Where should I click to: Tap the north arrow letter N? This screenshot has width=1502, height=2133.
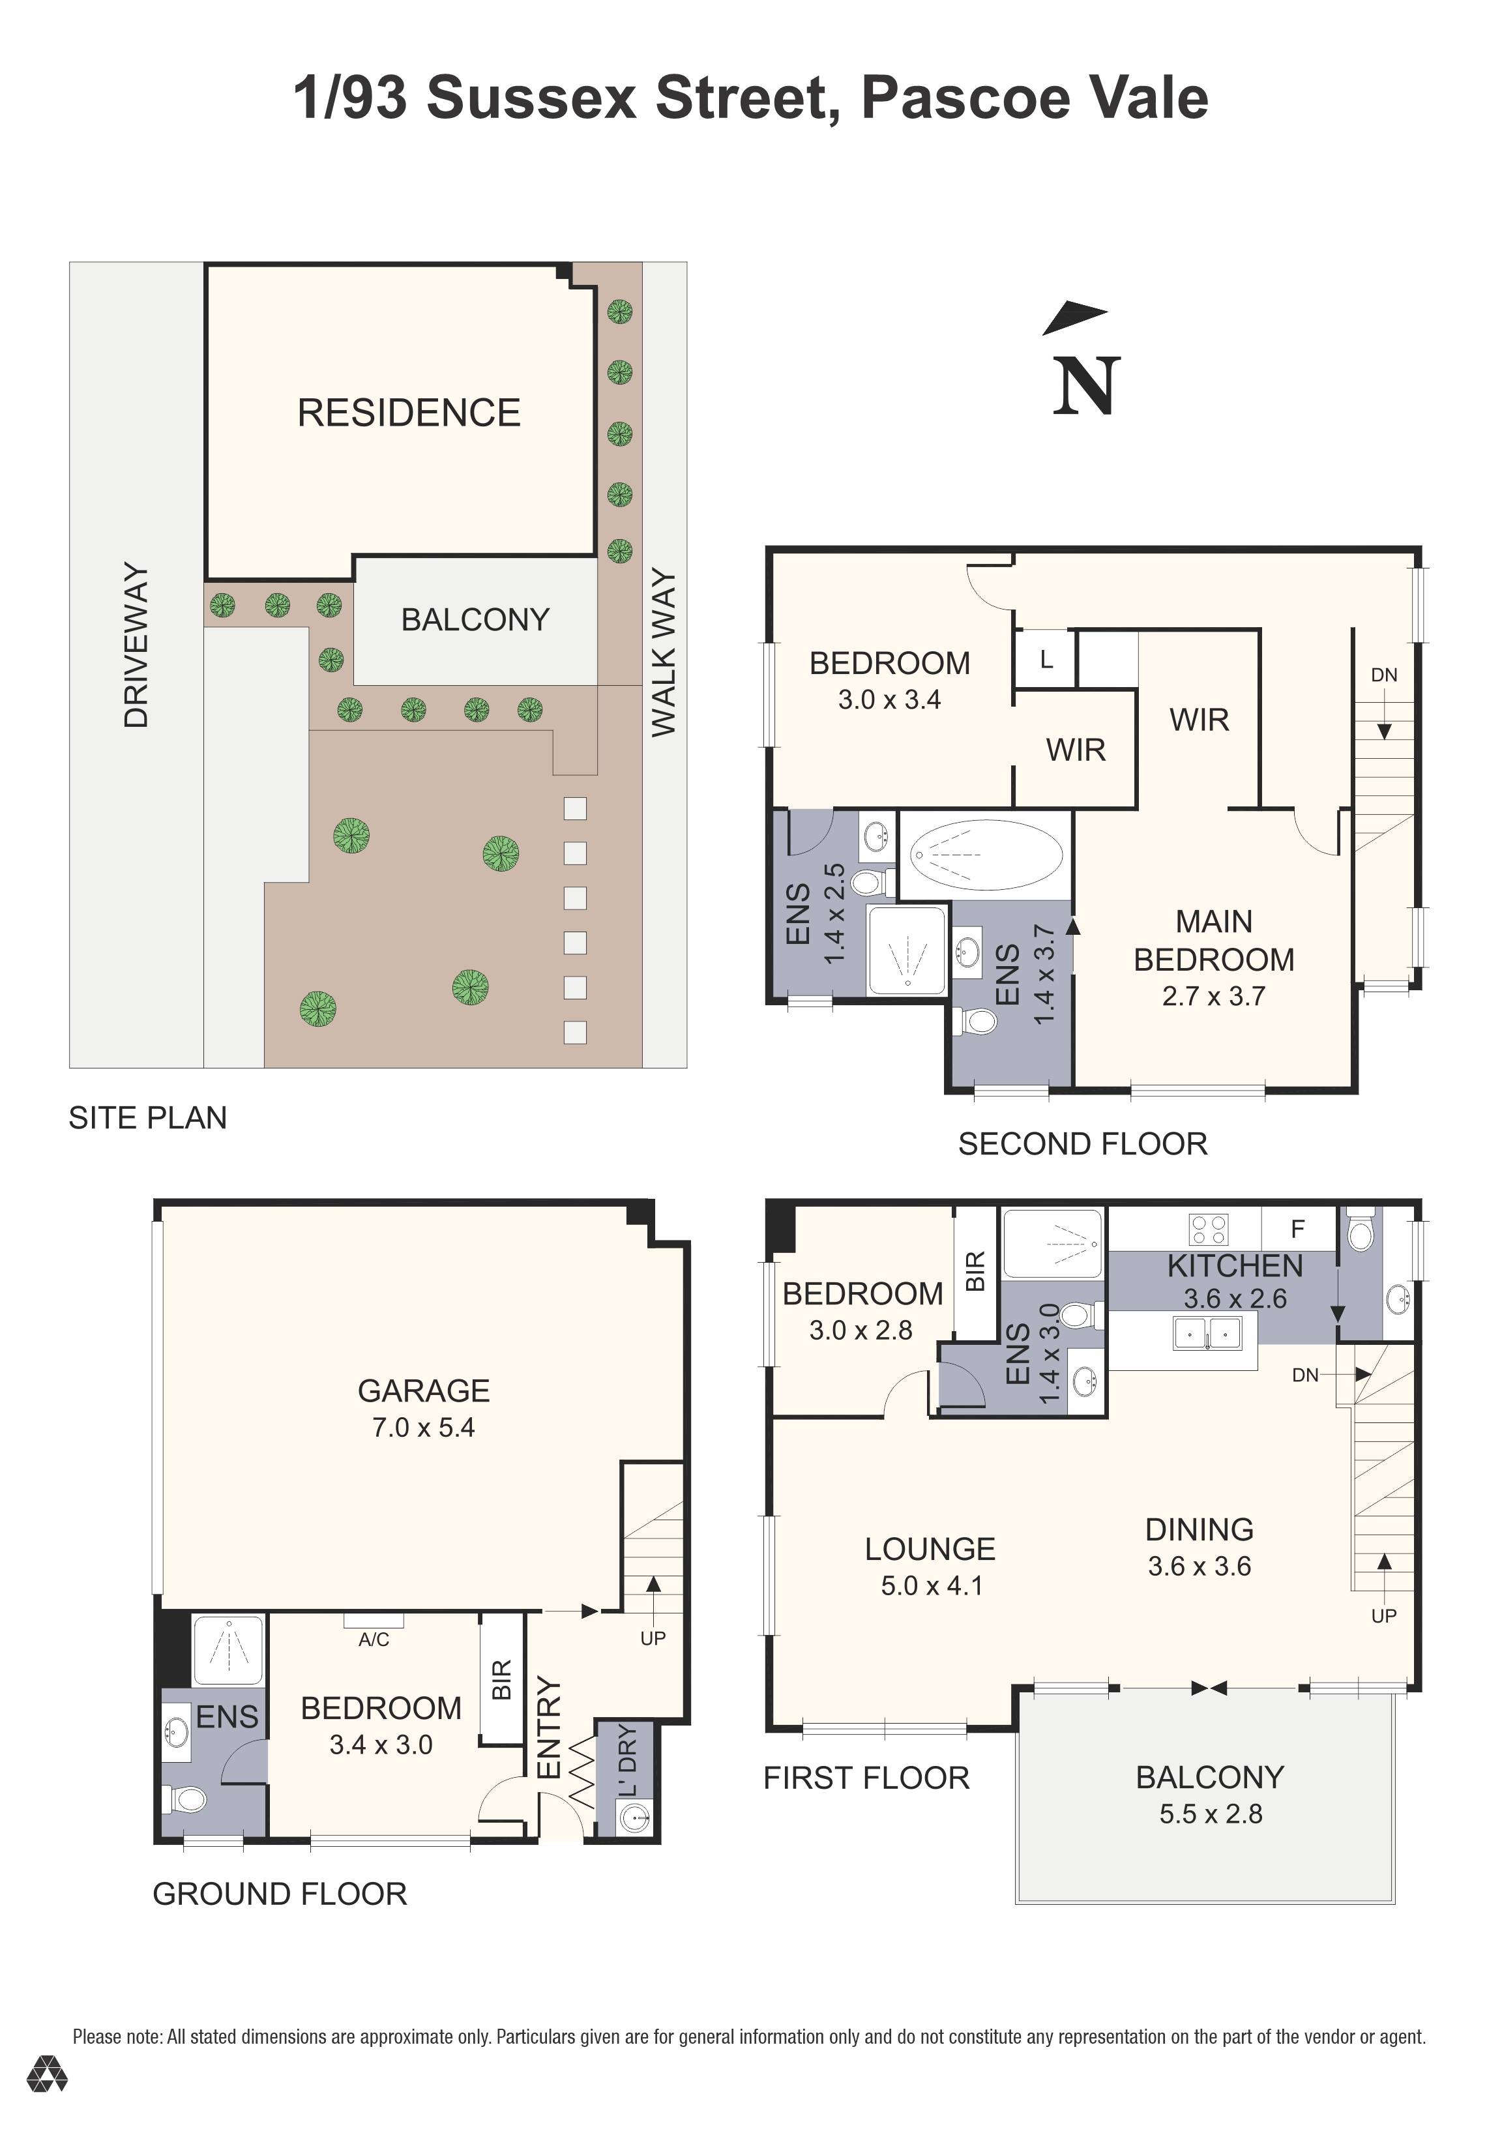pos(1085,387)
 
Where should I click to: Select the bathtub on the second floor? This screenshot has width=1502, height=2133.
pos(986,854)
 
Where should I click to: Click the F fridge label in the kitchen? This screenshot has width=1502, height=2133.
pos(1298,1229)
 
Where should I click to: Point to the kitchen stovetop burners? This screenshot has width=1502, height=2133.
pos(1209,1229)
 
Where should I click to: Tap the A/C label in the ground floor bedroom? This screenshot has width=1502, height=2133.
pos(374,1640)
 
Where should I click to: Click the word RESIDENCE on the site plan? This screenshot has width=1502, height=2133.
pos(409,413)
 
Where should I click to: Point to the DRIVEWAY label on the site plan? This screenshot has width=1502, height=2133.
pos(136,645)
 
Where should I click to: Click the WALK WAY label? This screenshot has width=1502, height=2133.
pos(663,653)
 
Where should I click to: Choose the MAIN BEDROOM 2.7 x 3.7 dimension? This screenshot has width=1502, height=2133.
pos(1213,996)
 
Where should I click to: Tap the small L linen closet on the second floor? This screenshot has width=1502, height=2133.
pos(1046,660)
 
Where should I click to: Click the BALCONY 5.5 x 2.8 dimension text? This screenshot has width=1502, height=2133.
pos(1211,1814)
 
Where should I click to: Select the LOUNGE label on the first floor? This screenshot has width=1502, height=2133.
pos(930,1549)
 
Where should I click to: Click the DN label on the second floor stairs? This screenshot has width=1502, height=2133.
pos(1383,675)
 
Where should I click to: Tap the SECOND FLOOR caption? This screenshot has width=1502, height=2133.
pos(1082,1143)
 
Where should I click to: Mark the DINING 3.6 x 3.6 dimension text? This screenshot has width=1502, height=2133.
pos(1199,1567)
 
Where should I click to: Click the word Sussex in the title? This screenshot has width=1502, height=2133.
pos(531,98)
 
